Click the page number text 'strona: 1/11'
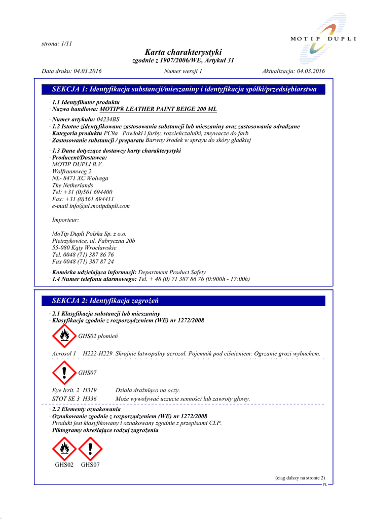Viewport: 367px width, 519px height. pos(57,44)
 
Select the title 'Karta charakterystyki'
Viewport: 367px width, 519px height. pos(183,52)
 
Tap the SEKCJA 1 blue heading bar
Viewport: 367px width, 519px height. pos(183,90)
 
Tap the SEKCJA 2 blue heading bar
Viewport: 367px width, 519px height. pos(183,301)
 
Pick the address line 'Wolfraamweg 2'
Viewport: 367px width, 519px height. pos(72,171)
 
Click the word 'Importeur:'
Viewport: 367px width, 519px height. pos(65,220)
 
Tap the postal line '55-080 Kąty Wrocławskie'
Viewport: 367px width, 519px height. pos(84,248)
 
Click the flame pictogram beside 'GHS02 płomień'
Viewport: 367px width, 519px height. pos(64,336)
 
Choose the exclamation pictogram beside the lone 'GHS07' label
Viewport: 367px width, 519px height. pos(64,373)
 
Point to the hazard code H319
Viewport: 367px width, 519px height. pos(90,390)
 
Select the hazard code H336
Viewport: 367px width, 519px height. pos(90,399)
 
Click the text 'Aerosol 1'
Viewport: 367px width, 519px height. pos(64,353)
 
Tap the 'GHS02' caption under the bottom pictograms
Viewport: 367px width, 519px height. pos(64,465)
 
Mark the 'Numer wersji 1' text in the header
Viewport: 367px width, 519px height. pos(183,71)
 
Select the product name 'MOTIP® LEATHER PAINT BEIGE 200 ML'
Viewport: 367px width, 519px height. pos(158,109)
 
